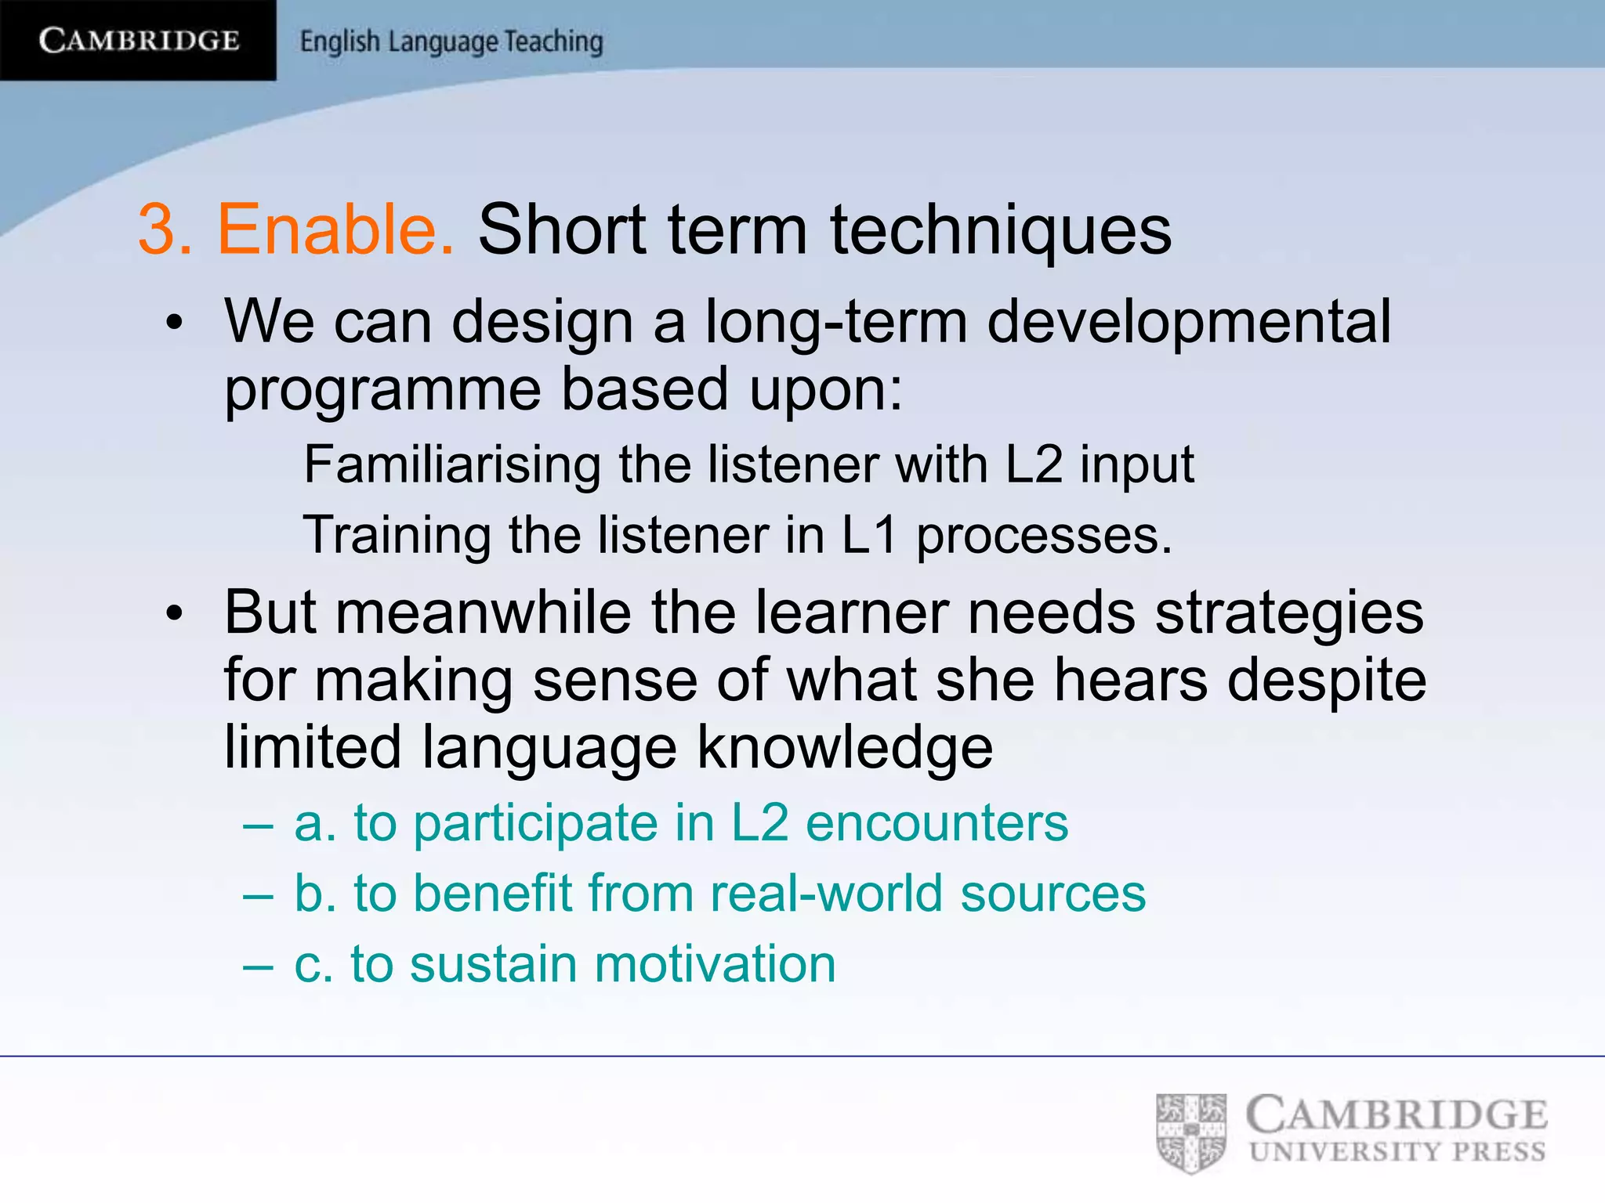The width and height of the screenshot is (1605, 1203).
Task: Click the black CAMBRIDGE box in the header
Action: pyautogui.click(x=138, y=40)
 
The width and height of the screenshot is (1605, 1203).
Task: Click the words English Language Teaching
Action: pyautogui.click(x=451, y=42)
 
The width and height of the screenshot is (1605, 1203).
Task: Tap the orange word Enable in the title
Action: pyautogui.click(x=335, y=229)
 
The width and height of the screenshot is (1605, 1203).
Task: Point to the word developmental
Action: pyautogui.click(x=1188, y=321)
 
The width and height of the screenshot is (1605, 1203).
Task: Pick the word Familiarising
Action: pyautogui.click(x=452, y=464)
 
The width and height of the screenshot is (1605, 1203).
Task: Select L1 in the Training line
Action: pyautogui.click(x=869, y=535)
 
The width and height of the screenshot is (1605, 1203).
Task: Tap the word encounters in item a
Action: pyautogui.click(x=937, y=823)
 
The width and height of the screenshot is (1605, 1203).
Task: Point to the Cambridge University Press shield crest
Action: pyautogui.click(x=1190, y=1133)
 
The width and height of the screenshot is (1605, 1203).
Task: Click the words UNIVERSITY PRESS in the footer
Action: pyautogui.click(x=1397, y=1152)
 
